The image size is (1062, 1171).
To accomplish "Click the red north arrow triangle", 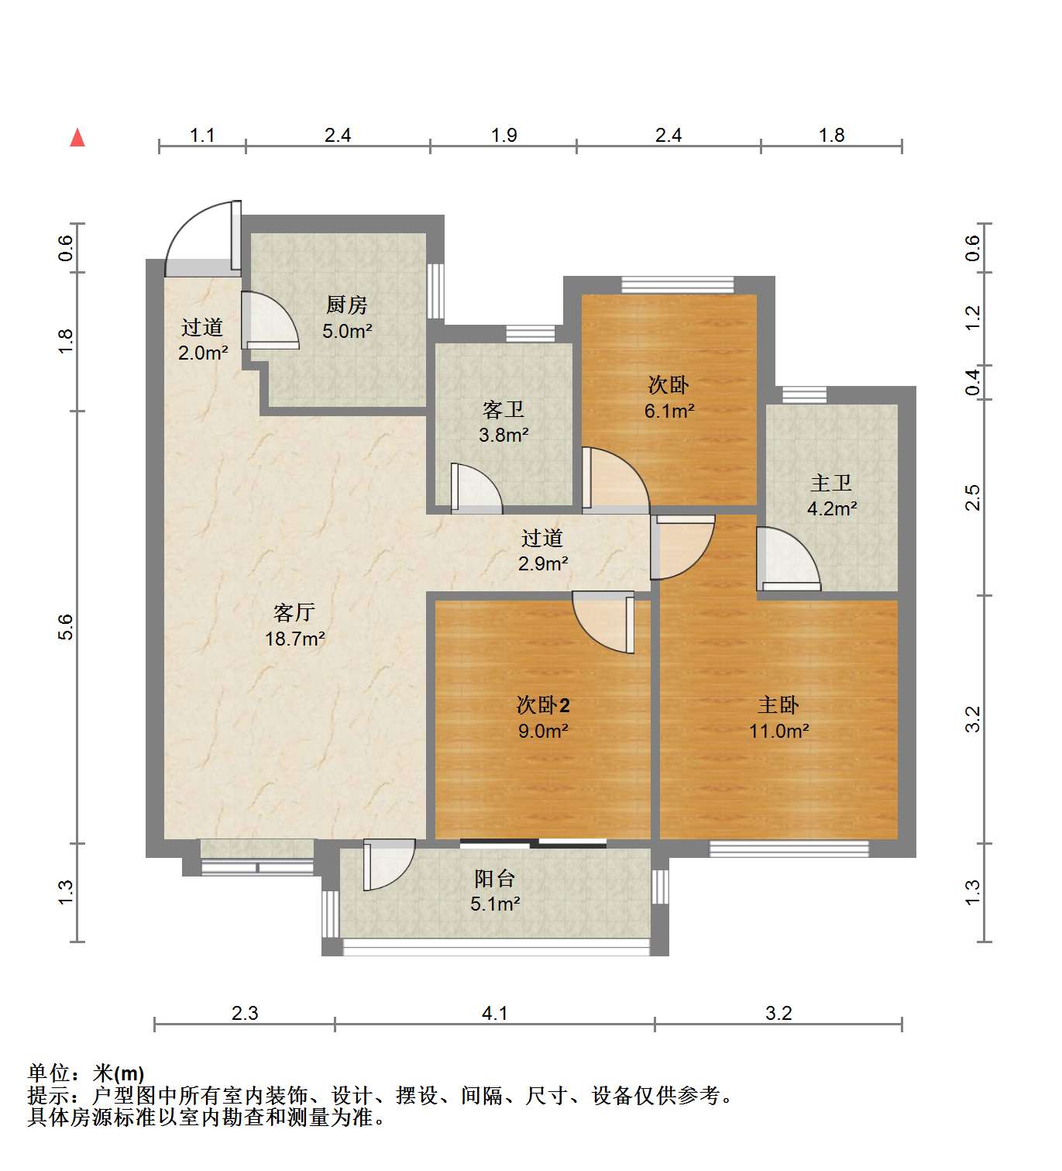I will [77, 138].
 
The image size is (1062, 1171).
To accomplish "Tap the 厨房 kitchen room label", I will [346, 305].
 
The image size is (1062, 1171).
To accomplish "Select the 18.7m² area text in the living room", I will [294, 639].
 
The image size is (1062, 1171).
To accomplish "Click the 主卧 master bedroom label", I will [778, 705].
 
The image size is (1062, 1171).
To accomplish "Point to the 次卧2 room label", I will [543, 705].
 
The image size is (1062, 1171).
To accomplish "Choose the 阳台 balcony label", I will [494, 878].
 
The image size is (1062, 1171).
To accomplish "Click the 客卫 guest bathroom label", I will [504, 409].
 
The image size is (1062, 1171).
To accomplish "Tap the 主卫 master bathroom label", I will [831, 484].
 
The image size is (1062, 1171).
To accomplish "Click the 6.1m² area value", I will [669, 411].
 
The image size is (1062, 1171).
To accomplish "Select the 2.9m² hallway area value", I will [543, 563].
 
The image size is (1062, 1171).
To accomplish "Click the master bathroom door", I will [786, 558].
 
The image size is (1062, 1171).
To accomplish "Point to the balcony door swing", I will [389, 865].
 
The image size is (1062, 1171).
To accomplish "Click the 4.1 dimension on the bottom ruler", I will [494, 1013].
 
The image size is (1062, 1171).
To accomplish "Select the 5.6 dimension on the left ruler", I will [67, 627].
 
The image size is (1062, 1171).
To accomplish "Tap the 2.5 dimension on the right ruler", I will [973, 497].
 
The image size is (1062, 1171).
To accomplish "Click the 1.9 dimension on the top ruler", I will [504, 136].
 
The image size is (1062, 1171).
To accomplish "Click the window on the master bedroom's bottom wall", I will [789, 849].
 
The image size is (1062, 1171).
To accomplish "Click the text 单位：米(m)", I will [86, 1073].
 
